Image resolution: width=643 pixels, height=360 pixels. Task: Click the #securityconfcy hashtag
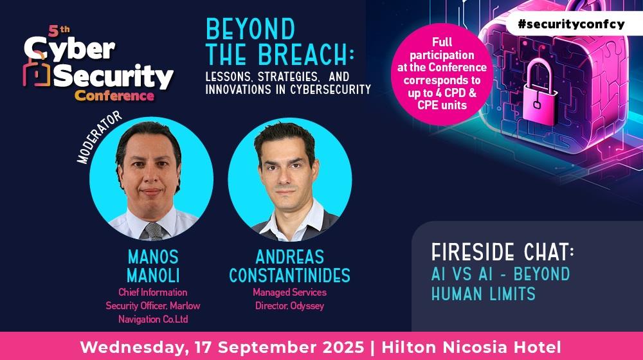[571, 24]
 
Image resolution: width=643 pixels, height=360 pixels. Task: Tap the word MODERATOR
[100, 138]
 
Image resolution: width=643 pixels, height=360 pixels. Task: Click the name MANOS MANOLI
[153, 266]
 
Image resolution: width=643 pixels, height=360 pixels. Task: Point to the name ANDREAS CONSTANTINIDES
[289, 266]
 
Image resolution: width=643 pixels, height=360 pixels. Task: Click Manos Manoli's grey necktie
[154, 231]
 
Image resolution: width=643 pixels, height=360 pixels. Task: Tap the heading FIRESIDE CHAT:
[502, 252]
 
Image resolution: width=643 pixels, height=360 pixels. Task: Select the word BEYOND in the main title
[250, 29]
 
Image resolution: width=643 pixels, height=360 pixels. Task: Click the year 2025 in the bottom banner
[342, 347]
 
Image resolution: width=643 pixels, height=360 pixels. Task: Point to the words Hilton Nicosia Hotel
[471, 347]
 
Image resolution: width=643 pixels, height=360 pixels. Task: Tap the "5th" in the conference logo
[59, 31]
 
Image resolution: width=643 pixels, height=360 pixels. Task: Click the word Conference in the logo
[114, 96]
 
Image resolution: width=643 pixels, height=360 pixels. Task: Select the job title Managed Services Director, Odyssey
[289, 299]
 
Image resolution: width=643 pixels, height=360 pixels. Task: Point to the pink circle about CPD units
[442, 74]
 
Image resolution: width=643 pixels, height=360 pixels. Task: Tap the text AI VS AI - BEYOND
[501, 274]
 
